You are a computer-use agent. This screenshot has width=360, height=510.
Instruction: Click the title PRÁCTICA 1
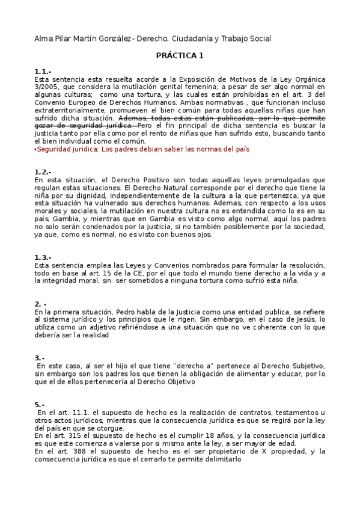pos(180,56)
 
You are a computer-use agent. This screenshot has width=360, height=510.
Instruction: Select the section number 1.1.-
pos(43,72)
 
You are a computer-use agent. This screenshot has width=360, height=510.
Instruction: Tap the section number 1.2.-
pos(43,172)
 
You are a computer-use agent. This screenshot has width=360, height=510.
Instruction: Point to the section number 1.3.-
pos(43,257)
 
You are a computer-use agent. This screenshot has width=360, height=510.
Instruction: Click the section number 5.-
pos(40,405)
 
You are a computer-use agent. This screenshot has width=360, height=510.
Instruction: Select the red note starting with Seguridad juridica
pos(141,149)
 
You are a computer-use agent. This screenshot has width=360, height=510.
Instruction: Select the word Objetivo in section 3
pos(177,381)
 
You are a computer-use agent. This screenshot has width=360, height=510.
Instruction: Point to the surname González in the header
pos(108,38)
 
